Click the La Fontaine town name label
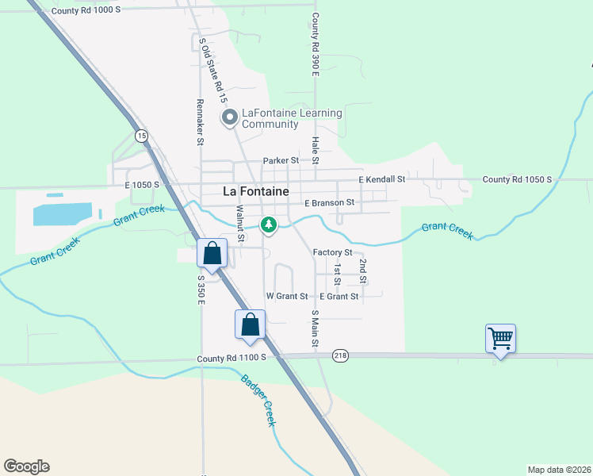click(x=255, y=191)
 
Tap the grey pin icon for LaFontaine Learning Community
click(x=231, y=119)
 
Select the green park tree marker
click(x=270, y=226)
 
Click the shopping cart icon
click(x=500, y=339)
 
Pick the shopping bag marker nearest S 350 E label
click(x=212, y=255)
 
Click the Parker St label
click(x=281, y=160)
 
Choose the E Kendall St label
click(x=381, y=180)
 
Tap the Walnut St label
click(x=240, y=223)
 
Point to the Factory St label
click(x=332, y=252)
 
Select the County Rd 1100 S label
click(x=231, y=359)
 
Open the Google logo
click(x=26, y=466)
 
